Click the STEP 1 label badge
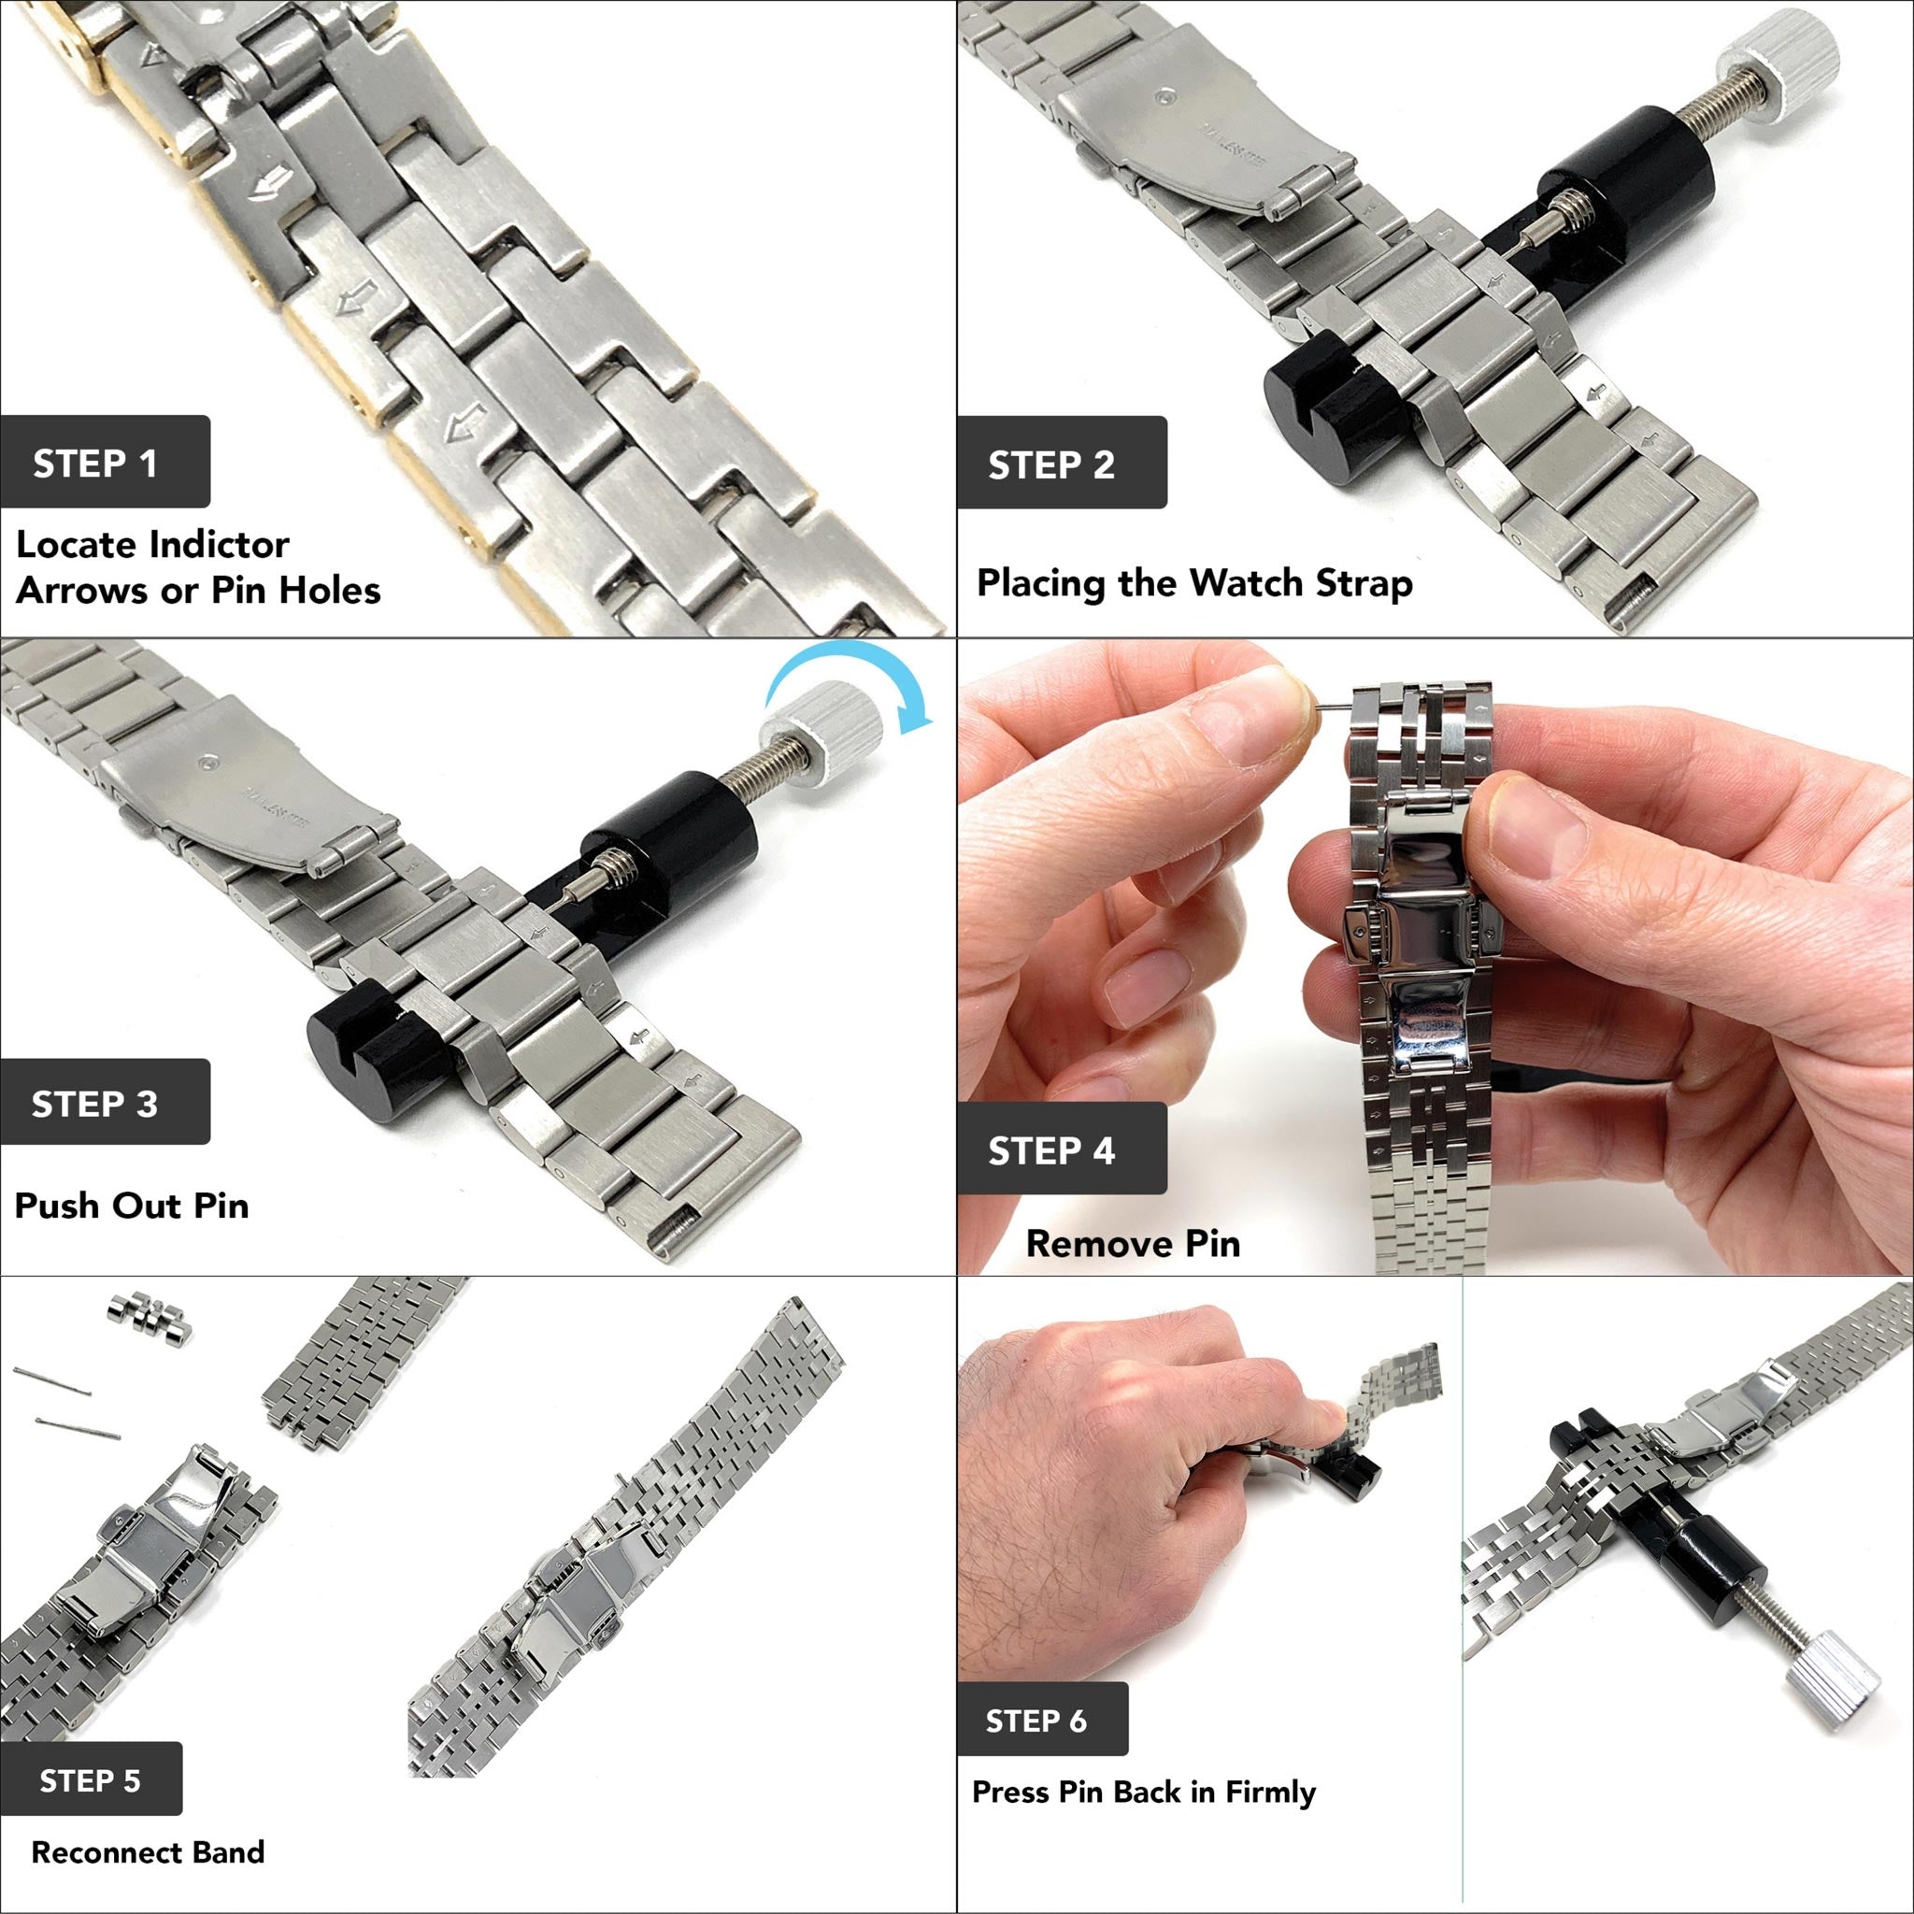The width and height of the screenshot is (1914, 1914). (x=104, y=462)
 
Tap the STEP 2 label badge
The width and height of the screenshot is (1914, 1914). (x=1061, y=463)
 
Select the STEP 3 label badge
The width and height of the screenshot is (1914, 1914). (x=104, y=1103)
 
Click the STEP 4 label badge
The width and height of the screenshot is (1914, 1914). (x=1061, y=1150)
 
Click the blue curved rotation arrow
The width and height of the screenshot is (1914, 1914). (x=850, y=681)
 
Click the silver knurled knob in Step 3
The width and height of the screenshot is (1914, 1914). (x=823, y=731)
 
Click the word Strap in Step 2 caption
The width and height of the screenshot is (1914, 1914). (x=1364, y=582)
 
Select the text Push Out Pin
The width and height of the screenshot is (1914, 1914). (x=132, y=1205)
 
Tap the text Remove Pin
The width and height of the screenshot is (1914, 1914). (x=1133, y=1242)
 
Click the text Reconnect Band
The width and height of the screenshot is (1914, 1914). (x=148, y=1851)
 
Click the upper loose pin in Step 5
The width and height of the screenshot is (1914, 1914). (x=51, y=1380)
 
